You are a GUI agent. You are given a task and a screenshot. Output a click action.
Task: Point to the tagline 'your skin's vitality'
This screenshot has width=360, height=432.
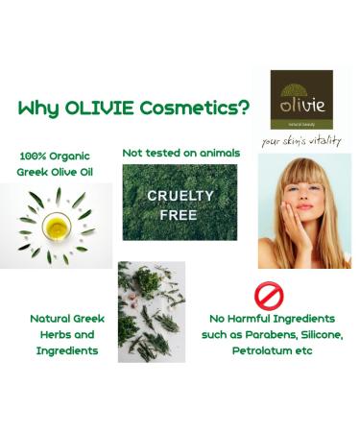click(301, 141)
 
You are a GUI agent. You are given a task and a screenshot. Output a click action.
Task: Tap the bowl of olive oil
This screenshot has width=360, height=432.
click(57, 227)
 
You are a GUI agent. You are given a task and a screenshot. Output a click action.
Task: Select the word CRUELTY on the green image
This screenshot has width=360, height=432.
click(180, 195)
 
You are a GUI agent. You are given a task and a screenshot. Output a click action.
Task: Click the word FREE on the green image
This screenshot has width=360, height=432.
click(180, 214)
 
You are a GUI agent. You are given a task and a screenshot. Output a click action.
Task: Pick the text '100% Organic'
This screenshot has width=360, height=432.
click(58, 155)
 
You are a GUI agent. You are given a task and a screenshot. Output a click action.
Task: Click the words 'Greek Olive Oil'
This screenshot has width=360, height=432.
click(59, 173)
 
